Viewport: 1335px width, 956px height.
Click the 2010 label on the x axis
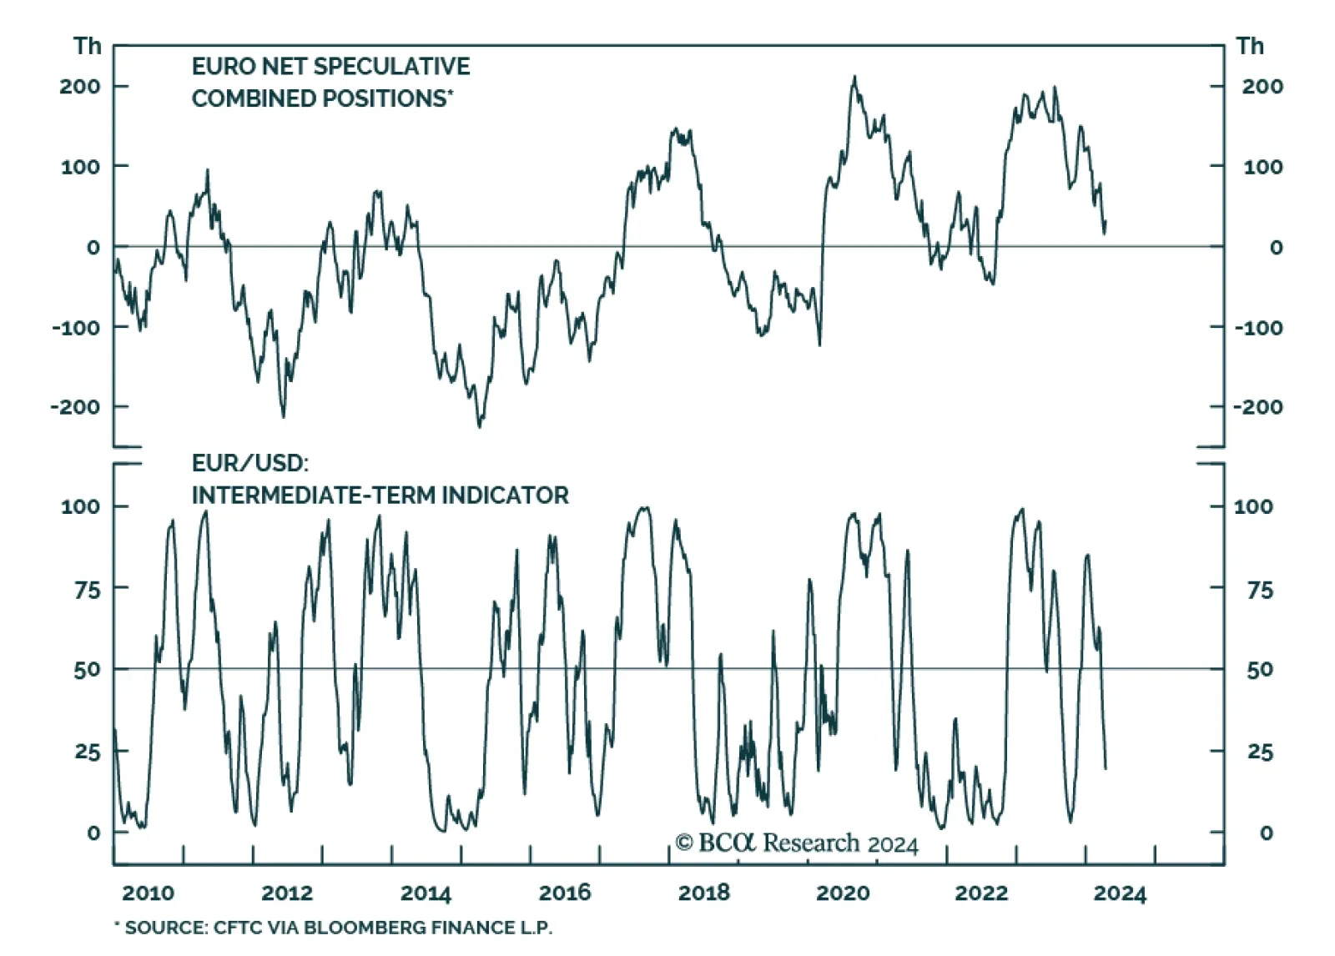coord(148,893)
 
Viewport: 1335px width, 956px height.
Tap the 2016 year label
coord(565,893)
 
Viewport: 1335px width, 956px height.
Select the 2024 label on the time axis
coord(1120,893)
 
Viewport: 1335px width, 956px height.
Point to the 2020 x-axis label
coord(843,893)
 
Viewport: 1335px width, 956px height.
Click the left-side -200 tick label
coord(75,407)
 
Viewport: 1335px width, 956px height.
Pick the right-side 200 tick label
coord(1262,87)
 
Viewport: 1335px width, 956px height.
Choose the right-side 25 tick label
coord(1260,752)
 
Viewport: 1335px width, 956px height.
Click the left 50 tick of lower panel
coord(86,670)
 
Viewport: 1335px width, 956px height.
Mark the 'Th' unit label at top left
coord(87,47)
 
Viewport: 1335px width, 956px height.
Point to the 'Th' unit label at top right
coord(1250,47)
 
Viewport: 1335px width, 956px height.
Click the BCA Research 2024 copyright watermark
coord(796,843)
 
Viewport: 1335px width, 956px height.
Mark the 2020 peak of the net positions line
coord(854,77)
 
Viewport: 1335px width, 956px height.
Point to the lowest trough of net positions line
coord(479,427)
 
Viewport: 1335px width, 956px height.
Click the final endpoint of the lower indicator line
coord(1106,768)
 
